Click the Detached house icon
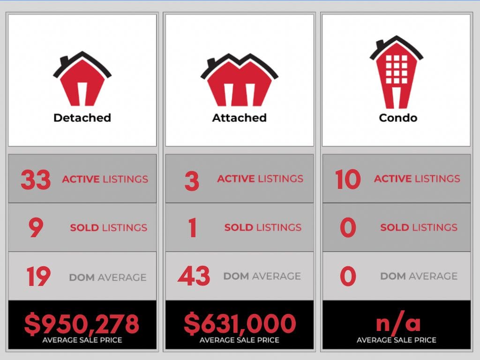point(82,80)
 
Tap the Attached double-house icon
point(239,81)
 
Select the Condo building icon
point(397,73)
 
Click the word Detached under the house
point(82,118)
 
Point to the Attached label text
point(239,118)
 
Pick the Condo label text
point(397,118)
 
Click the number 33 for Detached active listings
point(36,180)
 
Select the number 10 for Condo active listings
point(348,180)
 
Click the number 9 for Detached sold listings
point(36,228)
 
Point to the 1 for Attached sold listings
point(192,228)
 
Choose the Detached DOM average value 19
point(38,277)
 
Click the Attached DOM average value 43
point(194,276)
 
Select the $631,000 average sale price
point(240,324)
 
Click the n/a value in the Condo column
point(398,323)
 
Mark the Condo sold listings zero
point(348,228)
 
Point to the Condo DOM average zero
point(348,276)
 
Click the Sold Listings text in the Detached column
point(108,228)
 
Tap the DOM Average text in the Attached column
point(262,276)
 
